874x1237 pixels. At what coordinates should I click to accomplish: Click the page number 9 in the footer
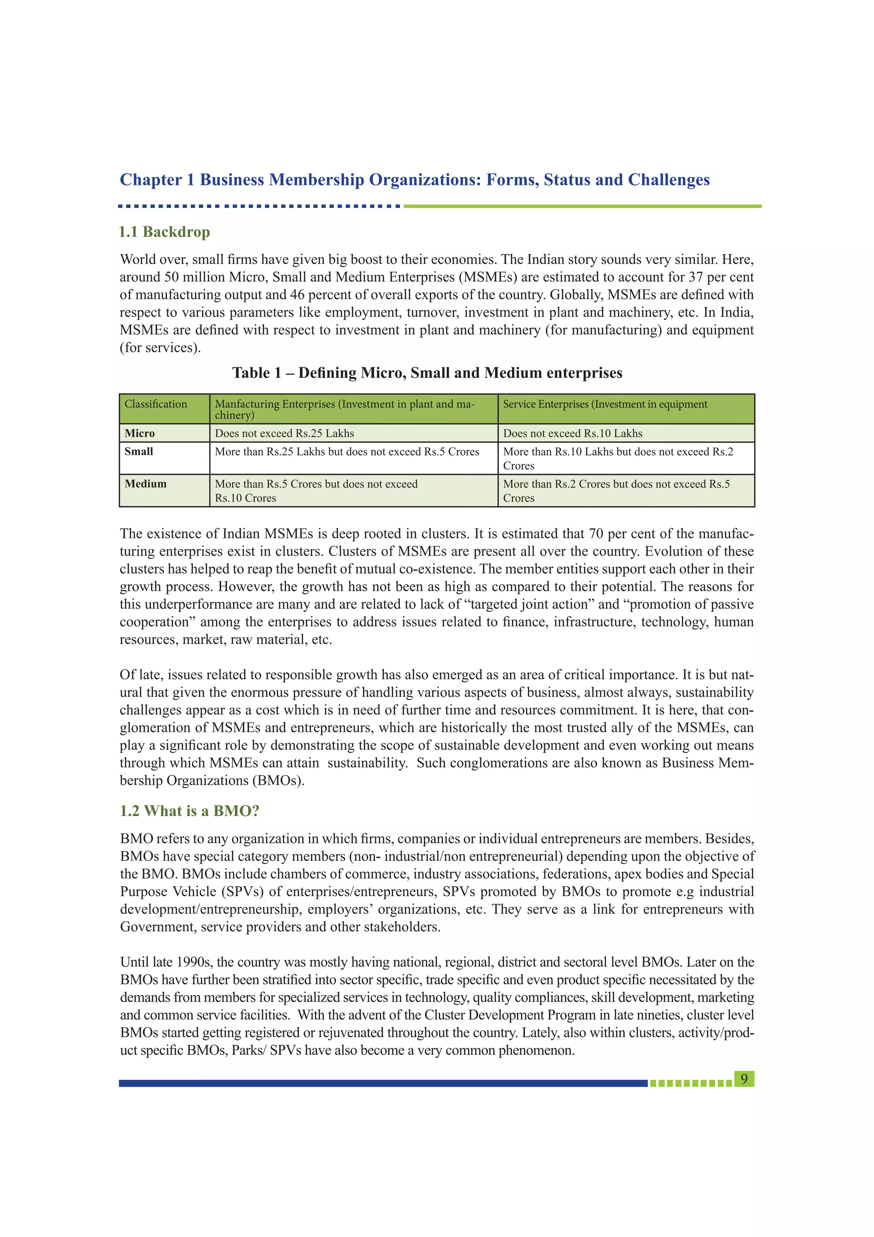pyautogui.click(x=744, y=1079)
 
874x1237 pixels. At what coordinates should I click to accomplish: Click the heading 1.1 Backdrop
pyautogui.click(x=164, y=232)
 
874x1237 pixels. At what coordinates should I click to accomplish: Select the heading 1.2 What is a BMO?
pyautogui.click(x=189, y=811)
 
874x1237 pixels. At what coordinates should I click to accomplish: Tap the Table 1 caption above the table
pyautogui.click(x=427, y=373)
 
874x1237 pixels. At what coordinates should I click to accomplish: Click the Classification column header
pyautogui.click(x=156, y=404)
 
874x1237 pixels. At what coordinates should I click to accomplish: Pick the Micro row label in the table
pyautogui.click(x=140, y=433)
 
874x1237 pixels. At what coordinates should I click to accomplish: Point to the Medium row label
pyautogui.click(x=146, y=484)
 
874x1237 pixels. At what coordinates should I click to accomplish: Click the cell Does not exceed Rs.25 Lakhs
pyautogui.click(x=284, y=433)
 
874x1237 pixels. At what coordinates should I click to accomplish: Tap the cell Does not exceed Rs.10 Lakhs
pyautogui.click(x=572, y=433)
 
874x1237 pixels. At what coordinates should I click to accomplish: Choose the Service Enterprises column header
pyautogui.click(x=605, y=404)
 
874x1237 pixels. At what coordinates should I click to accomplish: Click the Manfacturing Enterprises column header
pyautogui.click(x=345, y=409)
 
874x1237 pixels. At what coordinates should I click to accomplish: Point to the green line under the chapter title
pyautogui.click(x=582, y=206)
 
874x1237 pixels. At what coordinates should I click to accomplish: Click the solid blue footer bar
pyautogui.click(x=382, y=1083)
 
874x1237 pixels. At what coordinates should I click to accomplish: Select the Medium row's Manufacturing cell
pyautogui.click(x=316, y=491)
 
